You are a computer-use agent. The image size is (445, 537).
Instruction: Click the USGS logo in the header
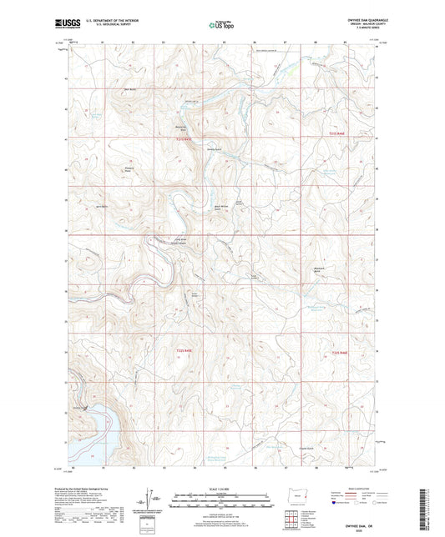(x=64, y=25)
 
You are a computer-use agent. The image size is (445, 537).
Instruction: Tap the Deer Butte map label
(x=129, y=90)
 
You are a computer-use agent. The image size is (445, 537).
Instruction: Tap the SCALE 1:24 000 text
(x=222, y=489)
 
